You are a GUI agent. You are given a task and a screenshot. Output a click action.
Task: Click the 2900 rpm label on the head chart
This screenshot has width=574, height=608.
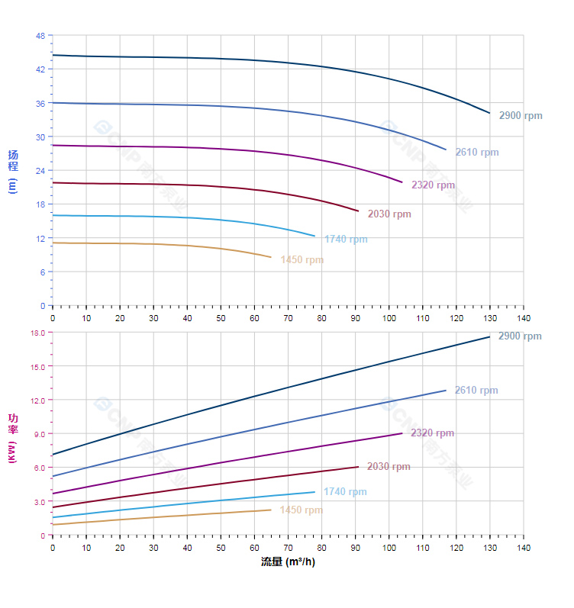click(x=521, y=116)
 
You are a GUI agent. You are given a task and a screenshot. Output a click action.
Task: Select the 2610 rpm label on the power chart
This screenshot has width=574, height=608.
click(x=476, y=391)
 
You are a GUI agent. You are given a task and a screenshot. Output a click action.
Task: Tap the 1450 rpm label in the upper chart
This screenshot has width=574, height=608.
click(x=302, y=260)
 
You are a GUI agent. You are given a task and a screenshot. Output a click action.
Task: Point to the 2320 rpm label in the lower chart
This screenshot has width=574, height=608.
click(x=432, y=433)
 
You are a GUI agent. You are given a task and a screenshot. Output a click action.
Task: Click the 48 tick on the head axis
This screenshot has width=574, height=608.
click(x=40, y=36)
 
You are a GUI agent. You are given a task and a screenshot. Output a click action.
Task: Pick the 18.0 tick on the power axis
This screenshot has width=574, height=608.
click(x=37, y=333)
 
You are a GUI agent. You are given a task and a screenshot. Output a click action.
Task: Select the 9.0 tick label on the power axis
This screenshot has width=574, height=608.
click(x=40, y=434)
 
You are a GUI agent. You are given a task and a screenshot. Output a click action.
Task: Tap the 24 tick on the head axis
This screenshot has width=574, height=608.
click(x=40, y=171)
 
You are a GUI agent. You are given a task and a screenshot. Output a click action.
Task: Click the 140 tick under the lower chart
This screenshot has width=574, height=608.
click(x=523, y=548)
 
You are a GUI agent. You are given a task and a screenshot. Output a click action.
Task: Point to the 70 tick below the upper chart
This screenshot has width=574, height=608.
click(x=288, y=318)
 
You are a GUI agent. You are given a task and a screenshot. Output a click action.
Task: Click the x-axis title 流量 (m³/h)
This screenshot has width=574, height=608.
click(x=288, y=562)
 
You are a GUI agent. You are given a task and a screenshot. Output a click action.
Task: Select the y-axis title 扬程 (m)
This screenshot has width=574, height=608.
click(x=12, y=171)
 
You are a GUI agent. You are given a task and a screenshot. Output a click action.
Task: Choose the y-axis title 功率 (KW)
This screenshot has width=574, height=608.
click(x=12, y=434)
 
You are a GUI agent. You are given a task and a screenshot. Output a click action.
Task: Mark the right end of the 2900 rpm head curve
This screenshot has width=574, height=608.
click(x=489, y=113)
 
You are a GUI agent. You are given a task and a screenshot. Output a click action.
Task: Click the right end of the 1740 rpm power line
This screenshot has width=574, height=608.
click(x=314, y=492)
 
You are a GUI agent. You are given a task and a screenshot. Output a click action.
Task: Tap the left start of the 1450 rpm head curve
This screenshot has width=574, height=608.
click(x=53, y=243)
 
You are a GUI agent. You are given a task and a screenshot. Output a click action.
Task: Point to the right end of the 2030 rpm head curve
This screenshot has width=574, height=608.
click(x=358, y=211)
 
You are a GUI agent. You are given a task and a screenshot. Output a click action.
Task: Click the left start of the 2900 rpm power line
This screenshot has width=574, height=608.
click(x=53, y=455)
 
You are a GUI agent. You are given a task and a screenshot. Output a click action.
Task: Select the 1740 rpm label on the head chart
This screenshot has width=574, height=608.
click(x=346, y=240)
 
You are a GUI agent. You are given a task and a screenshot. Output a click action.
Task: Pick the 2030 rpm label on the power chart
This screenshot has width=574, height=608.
click(x=389, y=467)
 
